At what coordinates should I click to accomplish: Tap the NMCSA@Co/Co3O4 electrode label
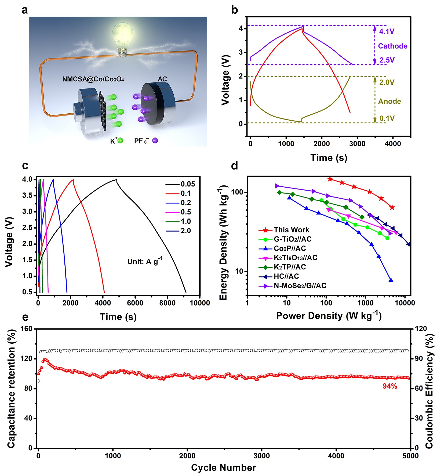click(93, 79)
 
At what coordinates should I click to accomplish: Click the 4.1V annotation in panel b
click(387, 31)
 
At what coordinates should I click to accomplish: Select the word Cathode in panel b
click(392, 46)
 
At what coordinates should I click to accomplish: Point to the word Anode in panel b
click(389, 101)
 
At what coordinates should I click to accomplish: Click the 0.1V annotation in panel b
click(387, 118)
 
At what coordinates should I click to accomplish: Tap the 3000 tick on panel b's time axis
click(357, 144)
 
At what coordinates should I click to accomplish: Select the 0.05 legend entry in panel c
click(188, 184)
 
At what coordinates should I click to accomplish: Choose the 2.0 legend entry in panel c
click(185, 231)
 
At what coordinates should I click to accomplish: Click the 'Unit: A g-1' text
click(145, 261)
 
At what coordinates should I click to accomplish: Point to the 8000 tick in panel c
click(167, 303)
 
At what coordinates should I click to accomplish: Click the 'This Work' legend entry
click(291, 230)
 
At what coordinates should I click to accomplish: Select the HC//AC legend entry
click(286, 276)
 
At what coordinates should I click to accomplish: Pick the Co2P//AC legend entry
click(290, 248)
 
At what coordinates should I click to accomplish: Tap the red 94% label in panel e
click(389, 386)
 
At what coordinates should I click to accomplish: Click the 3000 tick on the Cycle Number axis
click(261, 456)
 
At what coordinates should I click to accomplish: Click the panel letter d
click(234, 166)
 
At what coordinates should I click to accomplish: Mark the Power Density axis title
click(329, 316)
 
